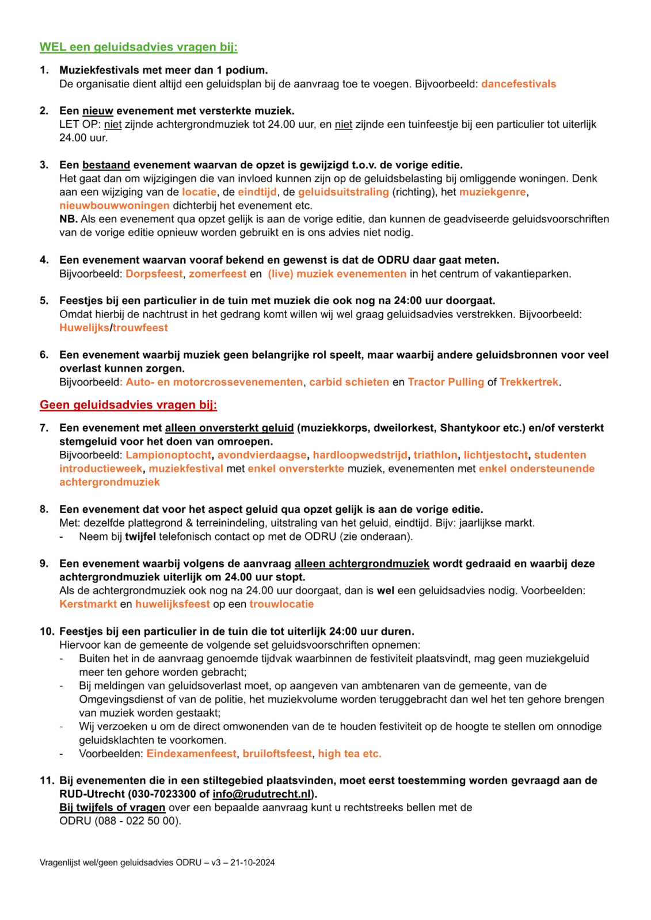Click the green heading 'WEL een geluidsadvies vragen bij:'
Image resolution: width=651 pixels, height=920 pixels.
point(138,47)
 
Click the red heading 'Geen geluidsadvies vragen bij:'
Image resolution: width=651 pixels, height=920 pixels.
point(128,405)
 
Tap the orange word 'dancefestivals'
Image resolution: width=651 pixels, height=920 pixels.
point(518,84)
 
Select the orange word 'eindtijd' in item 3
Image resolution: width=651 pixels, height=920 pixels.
point(257,192)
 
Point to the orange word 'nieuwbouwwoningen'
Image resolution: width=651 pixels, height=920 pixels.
point(114,206)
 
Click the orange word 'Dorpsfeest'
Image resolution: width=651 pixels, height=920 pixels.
point(154,274)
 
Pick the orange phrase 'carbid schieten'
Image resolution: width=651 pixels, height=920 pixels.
point(349,382)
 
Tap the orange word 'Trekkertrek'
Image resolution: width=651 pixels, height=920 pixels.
point(528,382)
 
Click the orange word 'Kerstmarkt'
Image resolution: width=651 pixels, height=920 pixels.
point(88,604)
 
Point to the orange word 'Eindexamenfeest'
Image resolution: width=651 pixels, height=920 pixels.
point(191,754)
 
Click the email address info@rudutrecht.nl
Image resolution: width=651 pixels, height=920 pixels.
point(261,794)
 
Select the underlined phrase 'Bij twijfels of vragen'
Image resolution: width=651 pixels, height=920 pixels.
point(112,808)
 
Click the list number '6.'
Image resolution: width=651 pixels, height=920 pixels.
point(44,355)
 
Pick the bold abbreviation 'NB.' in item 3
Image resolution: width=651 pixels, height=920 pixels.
point(68,219)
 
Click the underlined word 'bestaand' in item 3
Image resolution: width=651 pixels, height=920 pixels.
point(106,165)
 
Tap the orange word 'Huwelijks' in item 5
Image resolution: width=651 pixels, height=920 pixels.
point(84,328)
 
